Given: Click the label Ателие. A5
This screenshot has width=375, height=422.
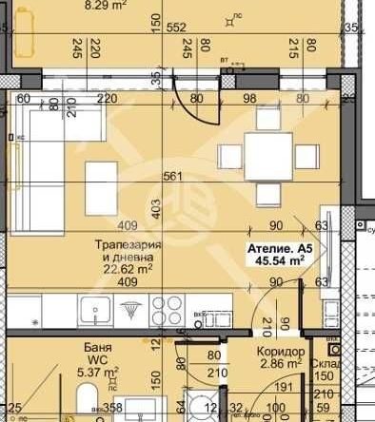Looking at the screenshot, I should (279, 249).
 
